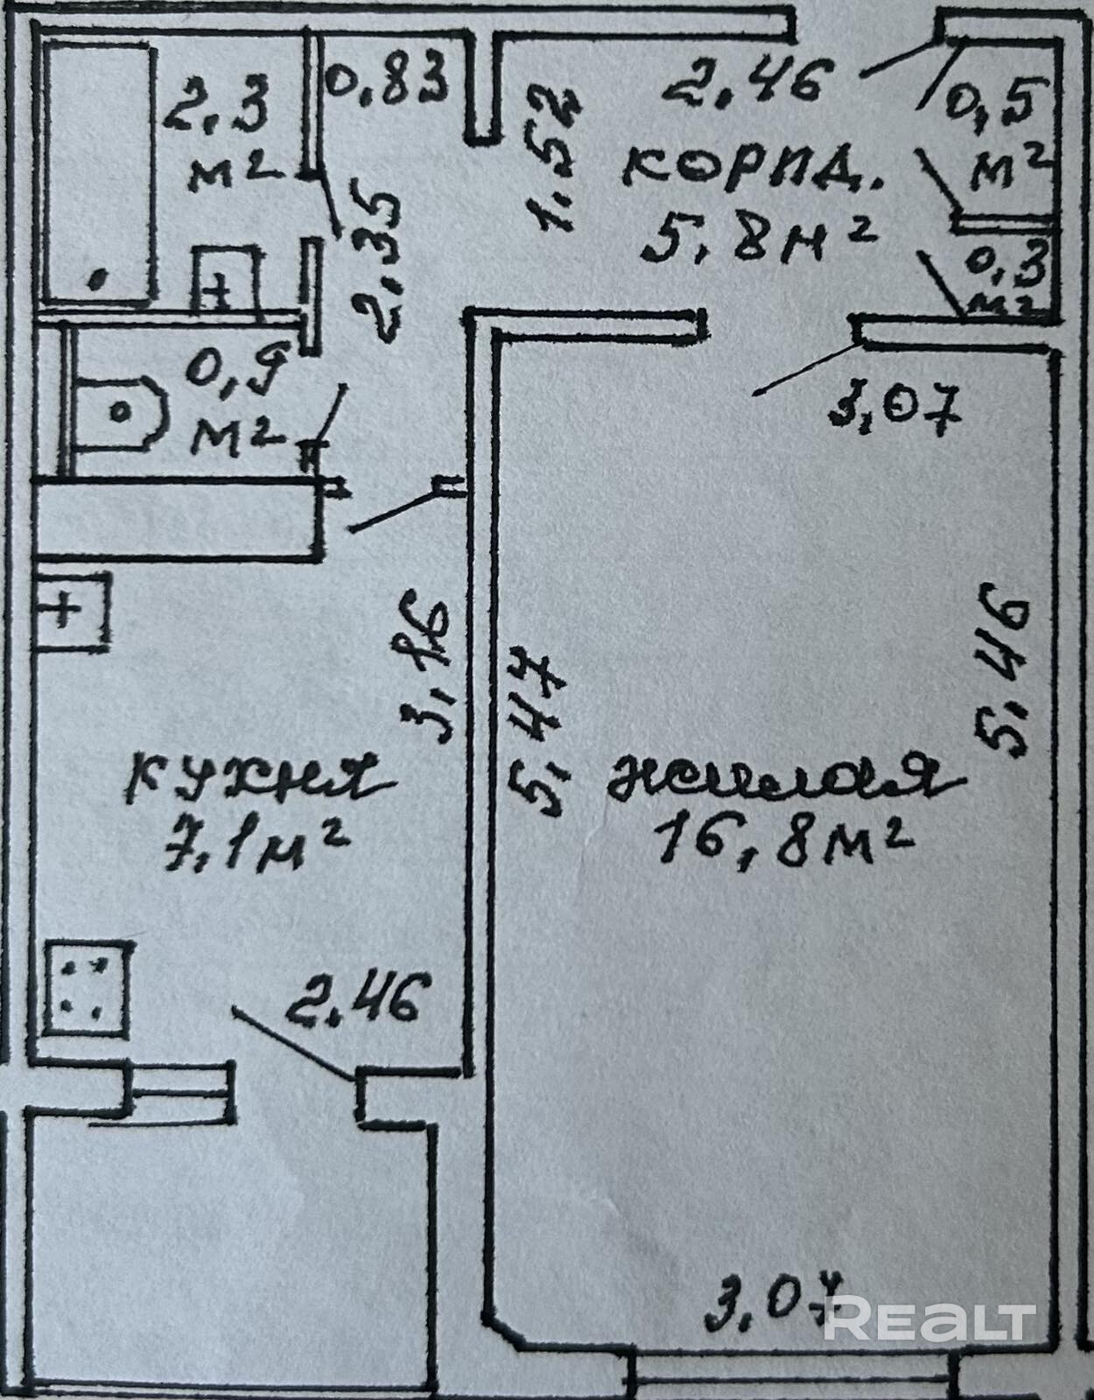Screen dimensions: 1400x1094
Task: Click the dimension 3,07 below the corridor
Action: tap(894, 408)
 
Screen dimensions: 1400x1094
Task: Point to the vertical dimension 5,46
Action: tap(999, 669)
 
